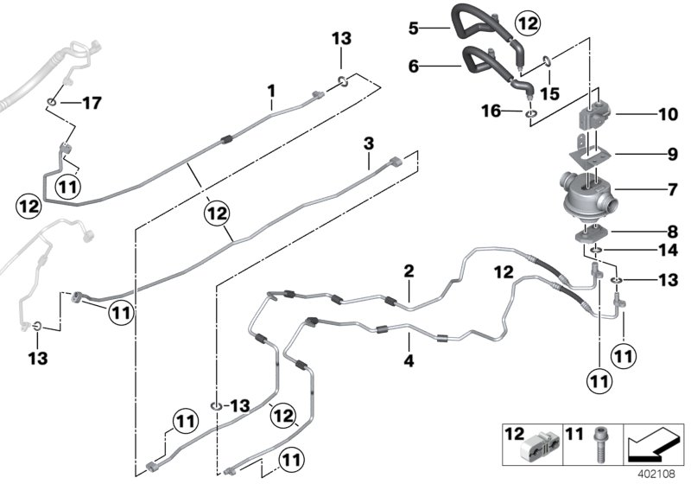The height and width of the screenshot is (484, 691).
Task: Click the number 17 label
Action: pyautogui.click(x=91, y=104)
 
